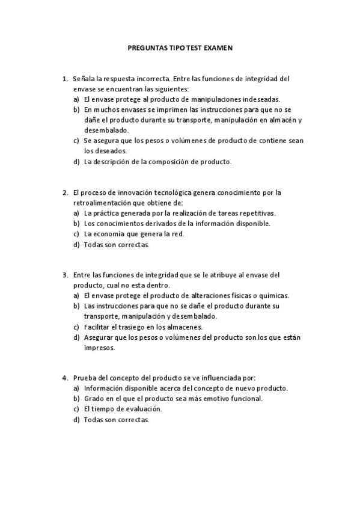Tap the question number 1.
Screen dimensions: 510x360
pos(64,78)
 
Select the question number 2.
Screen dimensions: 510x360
pos(64,192)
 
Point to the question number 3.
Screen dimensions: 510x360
pos(64,275)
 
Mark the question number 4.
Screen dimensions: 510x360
pos(64,378)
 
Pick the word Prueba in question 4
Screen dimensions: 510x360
pos(84,378)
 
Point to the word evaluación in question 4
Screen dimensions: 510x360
pos(144,410)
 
